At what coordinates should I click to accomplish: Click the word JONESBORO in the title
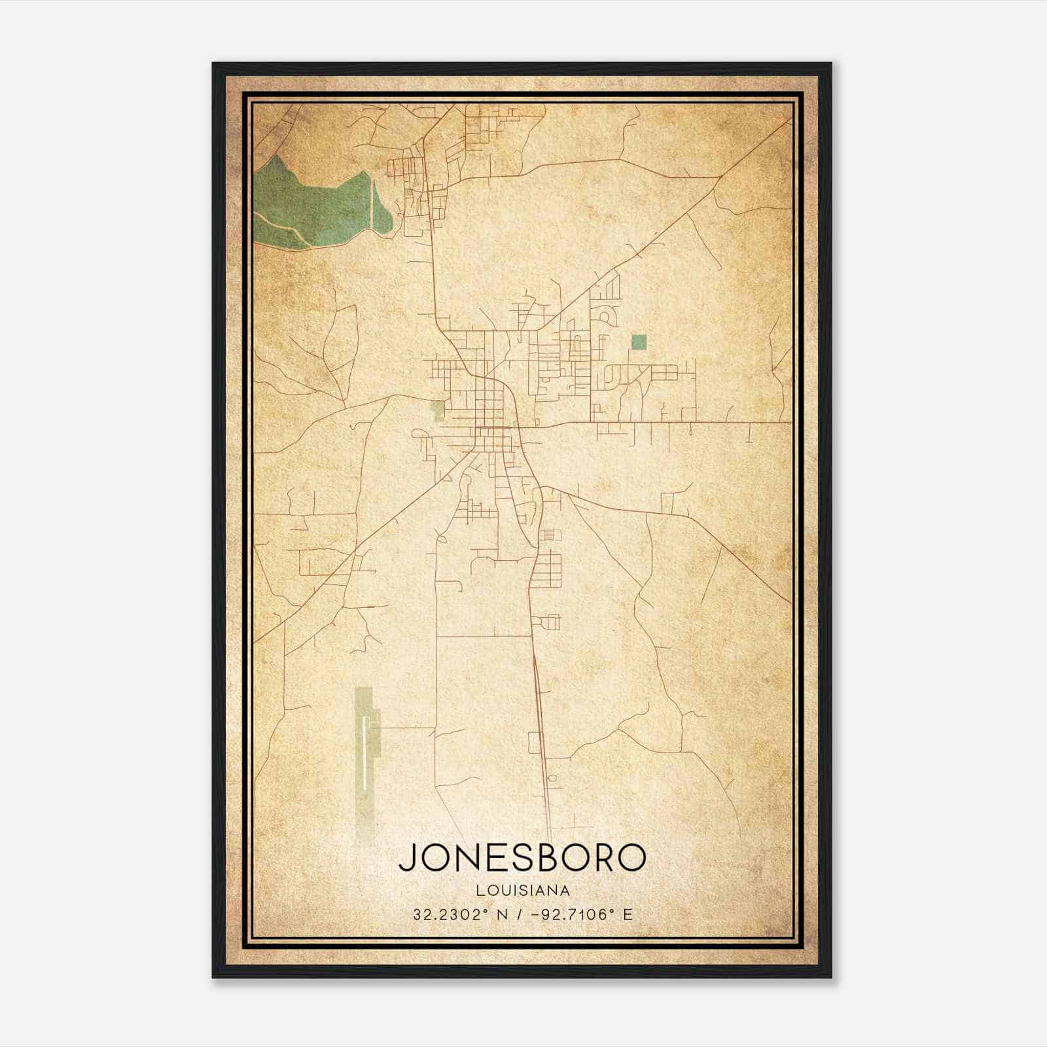point(522,857)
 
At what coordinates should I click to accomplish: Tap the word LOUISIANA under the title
point(523,891)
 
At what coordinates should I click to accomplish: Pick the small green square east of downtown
point(639,342)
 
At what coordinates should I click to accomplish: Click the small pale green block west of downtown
point(438,410)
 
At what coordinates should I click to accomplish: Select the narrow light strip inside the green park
point(374,203)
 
